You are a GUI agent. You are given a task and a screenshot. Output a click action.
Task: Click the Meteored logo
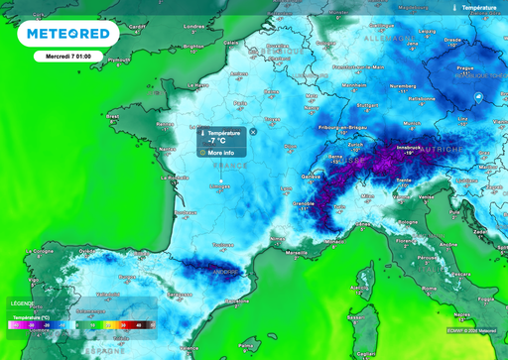[67, 35]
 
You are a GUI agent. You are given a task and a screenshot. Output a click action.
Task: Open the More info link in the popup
[220, 153]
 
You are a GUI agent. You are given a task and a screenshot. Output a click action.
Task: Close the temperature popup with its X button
[253, 131]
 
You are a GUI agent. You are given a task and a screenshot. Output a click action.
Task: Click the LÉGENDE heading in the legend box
[22, 303]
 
